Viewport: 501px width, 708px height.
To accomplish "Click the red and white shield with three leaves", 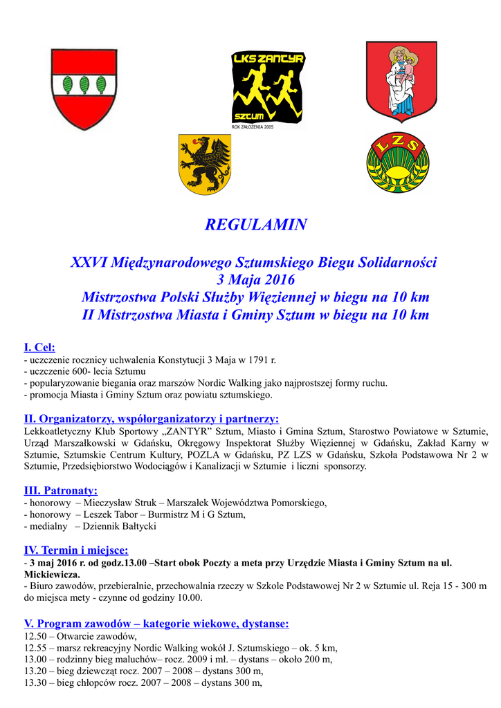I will click(x=84, y=89).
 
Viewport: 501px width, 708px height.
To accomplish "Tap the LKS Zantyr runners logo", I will click(x=268, y=88).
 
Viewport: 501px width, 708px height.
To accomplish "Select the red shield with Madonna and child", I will click(x=401, y=80).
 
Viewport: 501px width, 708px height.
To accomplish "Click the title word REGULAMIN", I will click(x=256, y=225).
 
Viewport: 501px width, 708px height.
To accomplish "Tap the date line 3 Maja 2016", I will click(x=255, y=280).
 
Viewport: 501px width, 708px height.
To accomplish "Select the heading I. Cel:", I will click(x=39, y=347).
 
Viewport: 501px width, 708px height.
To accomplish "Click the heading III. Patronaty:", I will click(x=61, y=490).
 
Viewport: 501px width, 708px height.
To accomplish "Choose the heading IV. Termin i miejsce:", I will click(x=76, y=550).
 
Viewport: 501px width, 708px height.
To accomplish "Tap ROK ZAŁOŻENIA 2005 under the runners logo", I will click(x=252, y=127).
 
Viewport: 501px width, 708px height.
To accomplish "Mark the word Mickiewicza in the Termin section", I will click(x=51, y=574).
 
